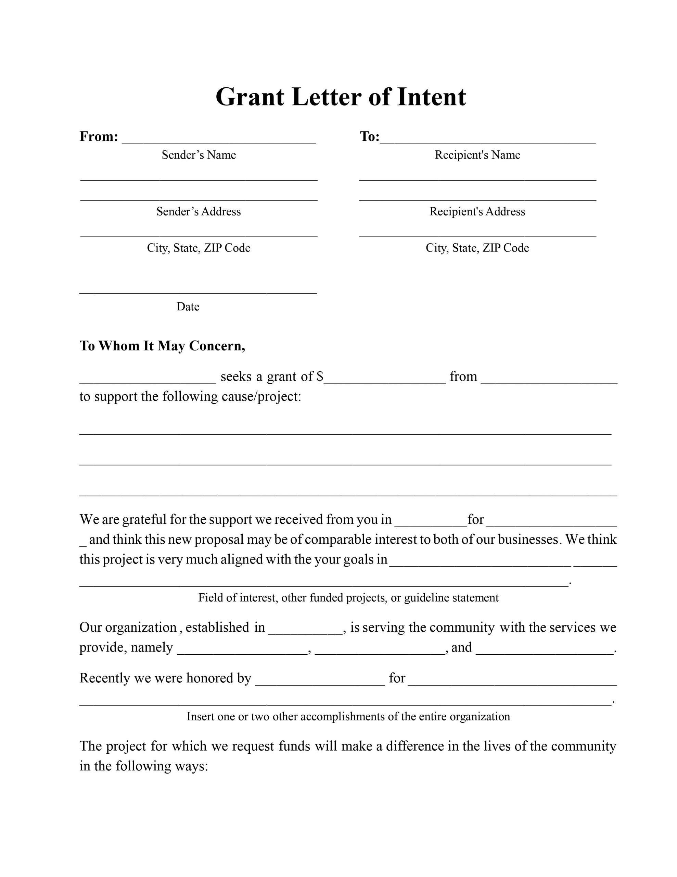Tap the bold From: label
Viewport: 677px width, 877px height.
[x=99, y=137]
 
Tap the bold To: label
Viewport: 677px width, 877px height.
[x=369, y=137]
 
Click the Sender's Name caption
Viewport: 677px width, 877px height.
[x=199, y=155]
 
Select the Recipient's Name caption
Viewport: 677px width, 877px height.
[x=477, y=155]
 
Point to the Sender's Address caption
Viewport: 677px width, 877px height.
[x=199, y=212]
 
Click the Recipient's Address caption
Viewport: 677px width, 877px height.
[x=477, y=212]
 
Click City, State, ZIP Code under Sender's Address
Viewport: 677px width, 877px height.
[x=199, y=248]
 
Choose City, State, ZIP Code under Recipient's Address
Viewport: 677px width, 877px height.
[x=477, y=248]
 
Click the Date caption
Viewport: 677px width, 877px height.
[x=188, y=307]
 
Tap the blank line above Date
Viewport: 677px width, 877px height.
[x=198, y=292]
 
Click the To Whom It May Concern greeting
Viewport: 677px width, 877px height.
[x=162, y=346]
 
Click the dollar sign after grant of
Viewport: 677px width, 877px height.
[x=320, y=376]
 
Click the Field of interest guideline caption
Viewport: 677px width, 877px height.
[x=348, y=598]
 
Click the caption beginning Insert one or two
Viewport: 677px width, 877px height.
[x=348, y=716]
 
